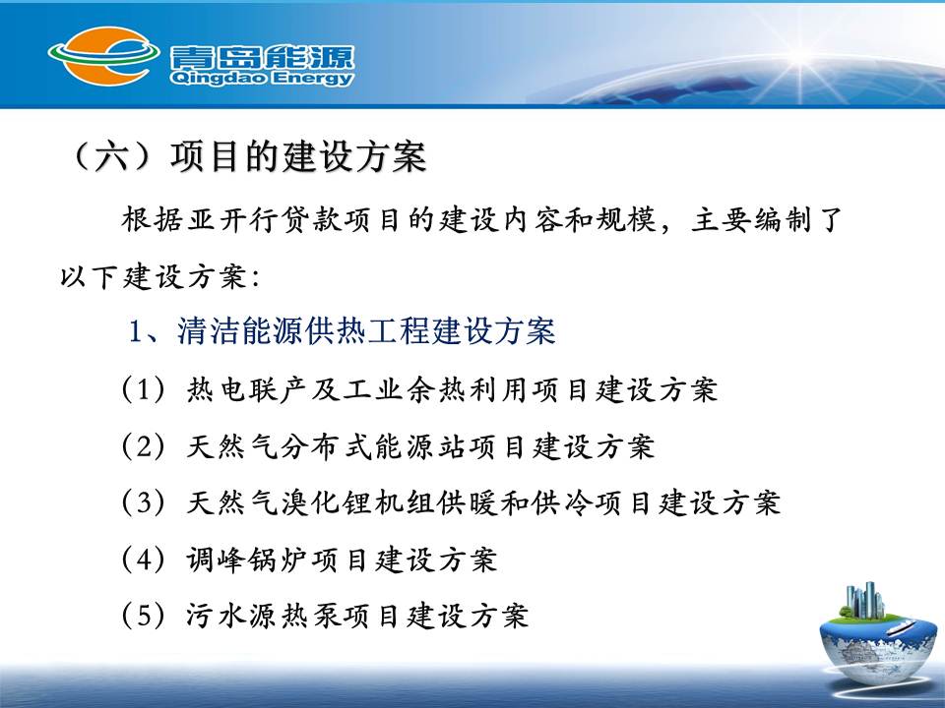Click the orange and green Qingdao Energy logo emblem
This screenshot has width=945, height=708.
tap(103, 56)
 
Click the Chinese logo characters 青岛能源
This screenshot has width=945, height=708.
tap(262, 57)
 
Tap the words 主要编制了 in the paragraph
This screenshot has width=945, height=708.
tap(766, 219)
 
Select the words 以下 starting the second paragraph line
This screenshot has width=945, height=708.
tap(90, 277)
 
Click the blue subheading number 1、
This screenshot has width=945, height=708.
tap(145, 331)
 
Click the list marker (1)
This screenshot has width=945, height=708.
tap(144, 389)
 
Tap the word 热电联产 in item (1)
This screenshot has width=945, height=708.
tap(247, 389)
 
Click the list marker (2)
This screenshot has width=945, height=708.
tap(144, 446)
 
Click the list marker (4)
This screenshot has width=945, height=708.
tap(144, 560)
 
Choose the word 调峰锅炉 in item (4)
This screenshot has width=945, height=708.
tap(247, 560)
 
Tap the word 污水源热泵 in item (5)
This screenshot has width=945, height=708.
tap(264, 616)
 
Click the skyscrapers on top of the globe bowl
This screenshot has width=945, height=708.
tap(865, 600)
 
